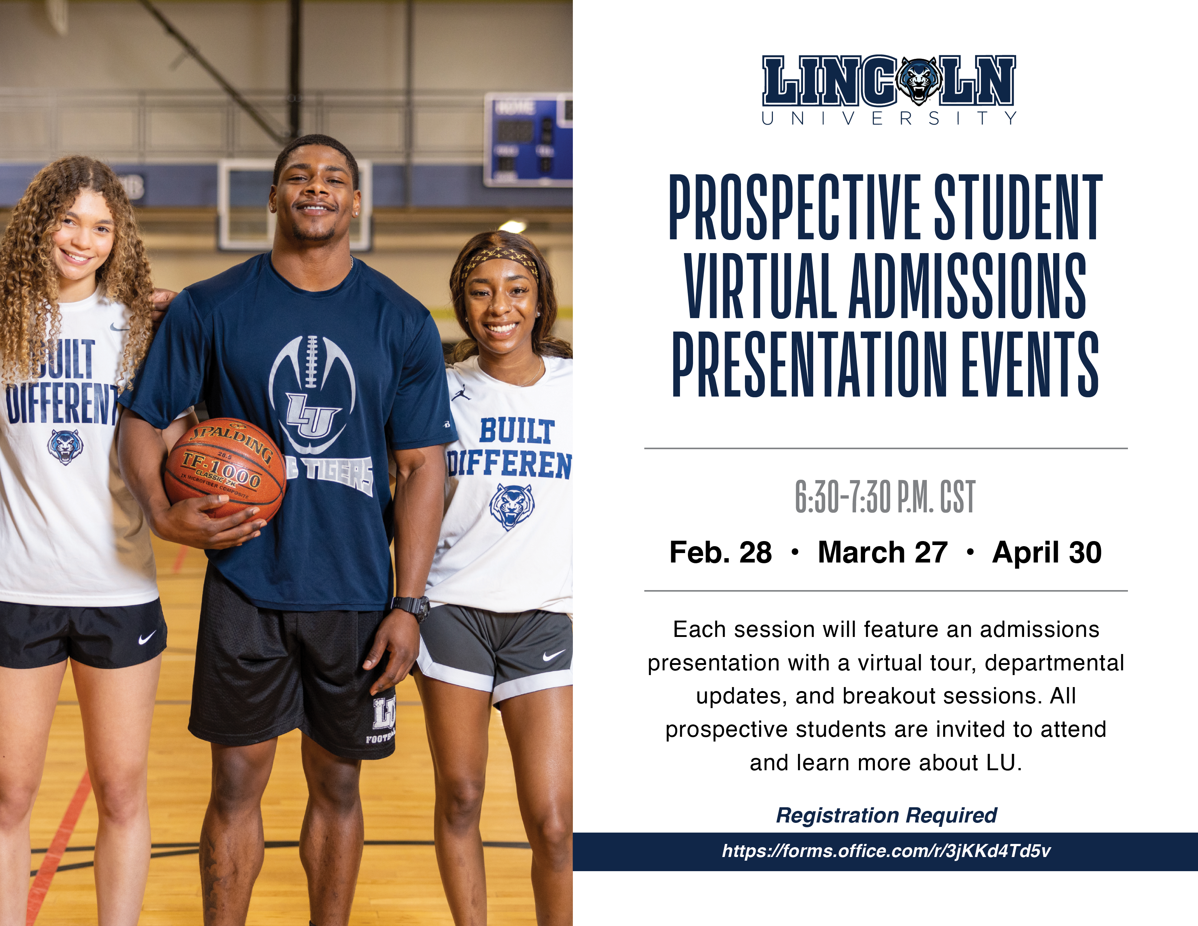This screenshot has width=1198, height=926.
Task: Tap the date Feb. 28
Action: [x=720, y=552]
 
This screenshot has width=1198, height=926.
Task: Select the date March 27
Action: [x=883, y=552]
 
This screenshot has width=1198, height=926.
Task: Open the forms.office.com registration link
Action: [x=886, y=851]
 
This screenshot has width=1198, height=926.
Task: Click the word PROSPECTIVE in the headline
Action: [x=795, y=207]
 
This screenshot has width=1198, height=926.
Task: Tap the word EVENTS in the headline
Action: [x=1030, y=364]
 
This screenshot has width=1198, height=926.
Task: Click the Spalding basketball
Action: [x=225, y=470]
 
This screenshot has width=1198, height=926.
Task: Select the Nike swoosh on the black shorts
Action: [x=147, y=637]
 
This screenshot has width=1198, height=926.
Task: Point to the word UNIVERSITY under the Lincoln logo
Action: [x=889, y=118]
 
